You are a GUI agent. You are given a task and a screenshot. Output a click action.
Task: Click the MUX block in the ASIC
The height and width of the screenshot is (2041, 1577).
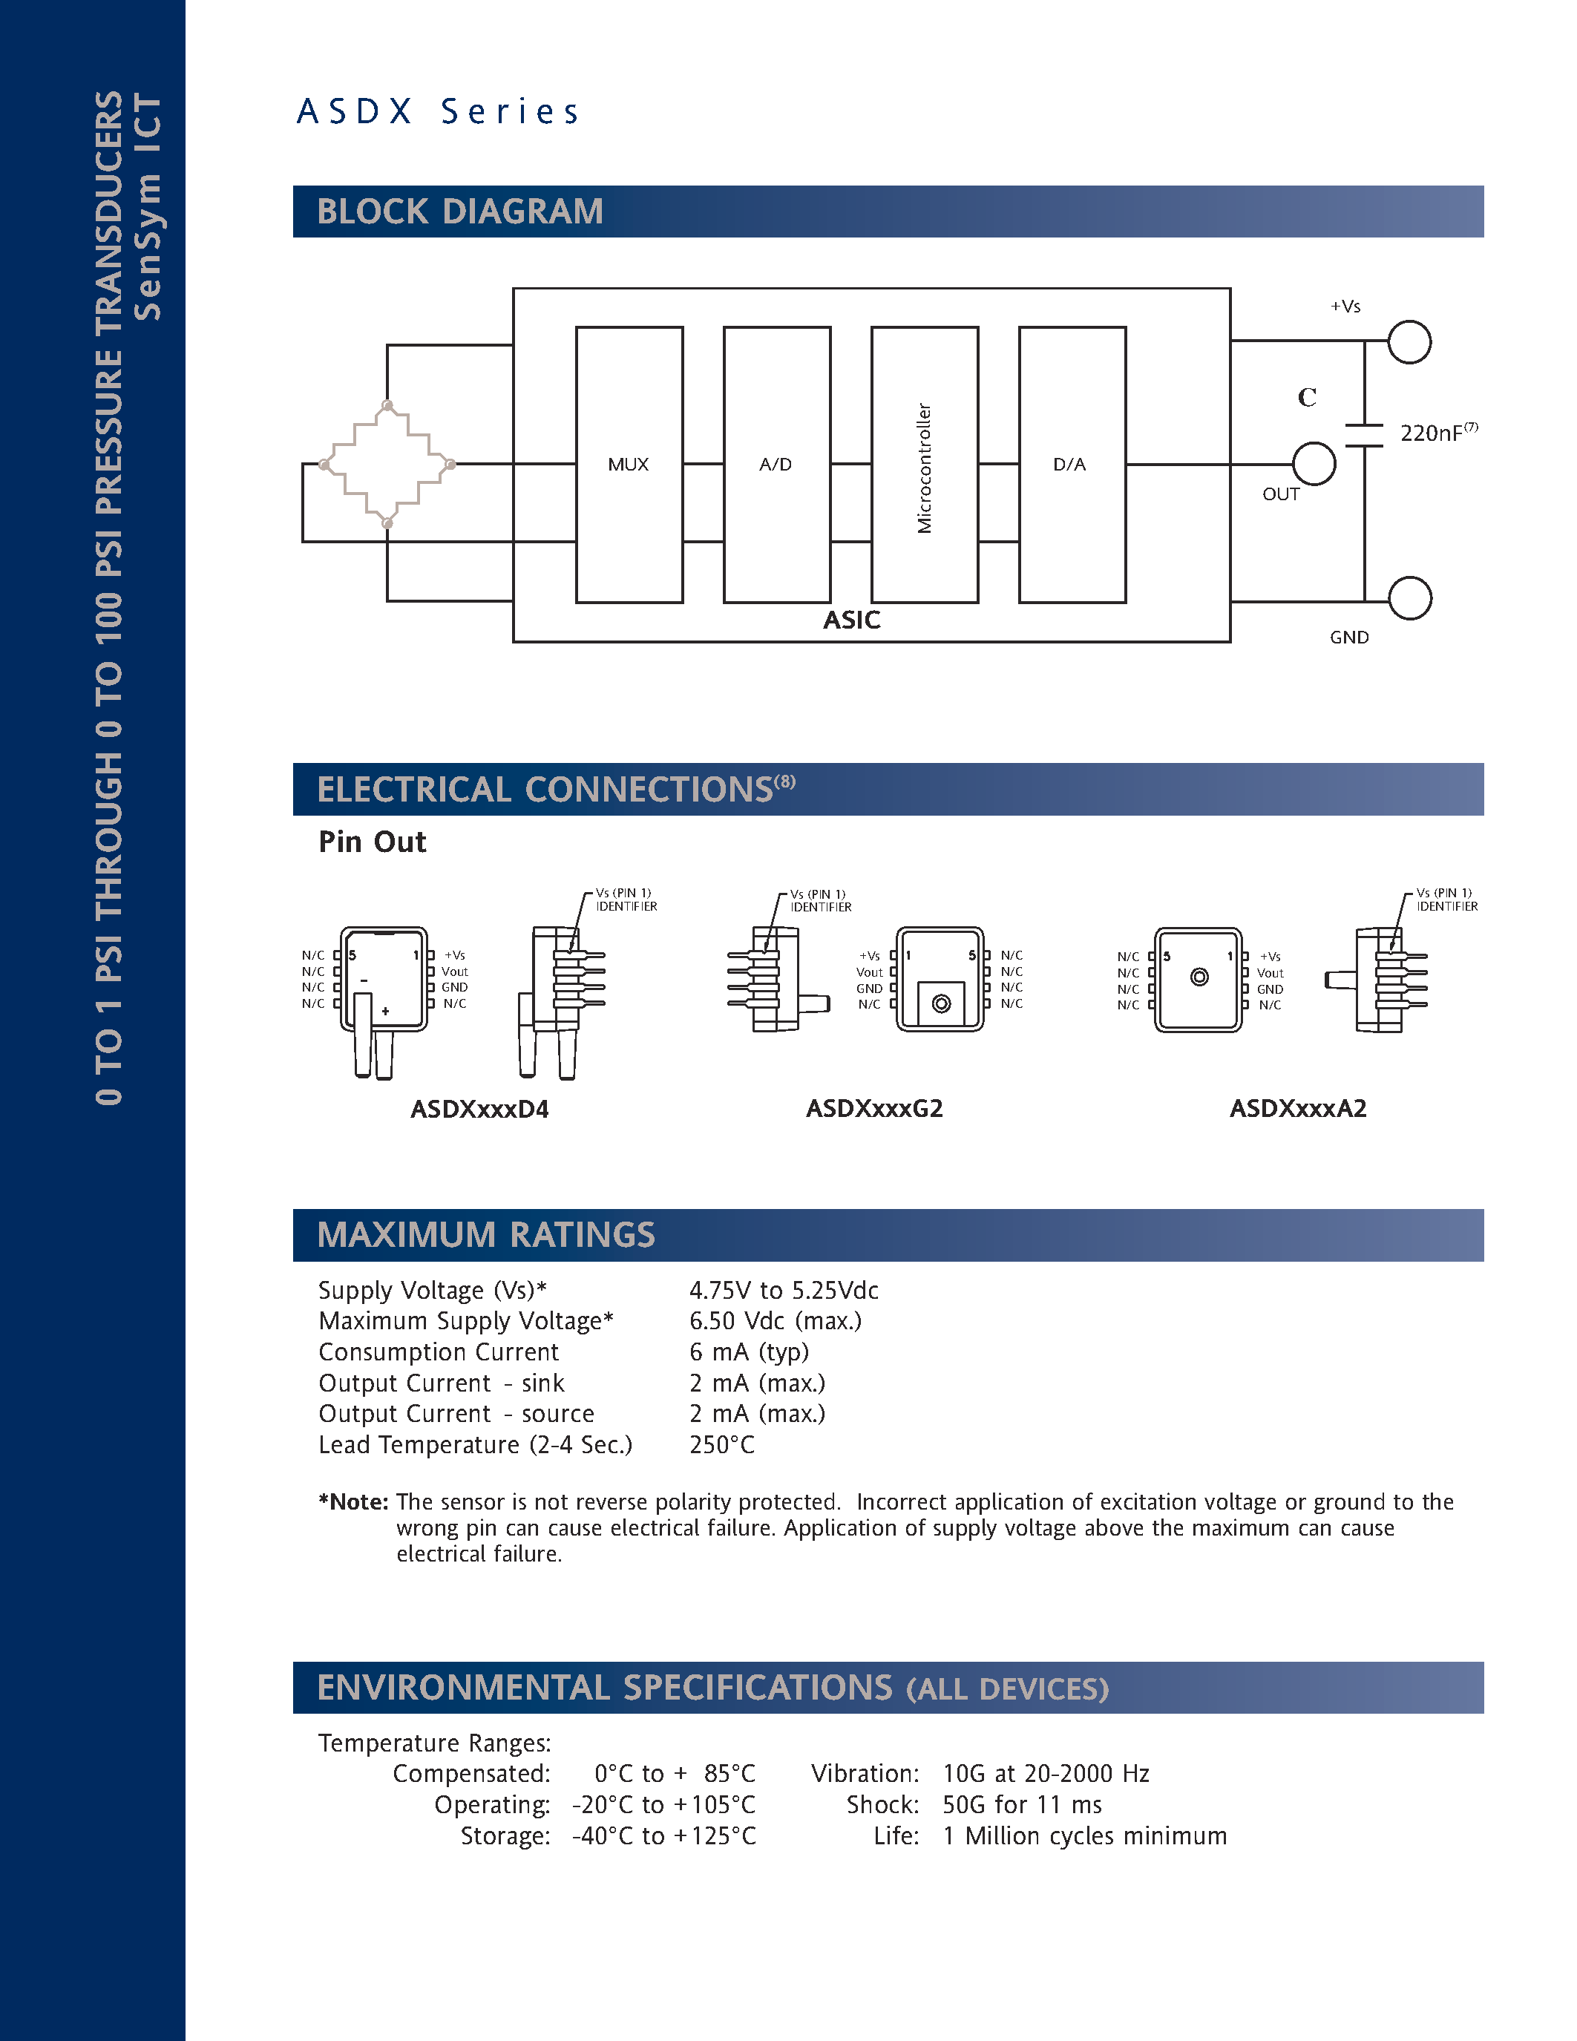(x=629, y=465)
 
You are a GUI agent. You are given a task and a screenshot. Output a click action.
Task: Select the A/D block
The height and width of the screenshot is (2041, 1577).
(x=776, y=465)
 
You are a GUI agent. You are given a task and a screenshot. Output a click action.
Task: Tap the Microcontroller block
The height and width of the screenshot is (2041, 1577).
(x=924, y=465)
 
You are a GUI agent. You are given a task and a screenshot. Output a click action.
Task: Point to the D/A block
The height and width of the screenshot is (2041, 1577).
(x=1072, y=465)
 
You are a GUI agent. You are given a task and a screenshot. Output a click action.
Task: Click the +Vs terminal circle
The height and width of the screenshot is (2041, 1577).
(x=1409, y=342)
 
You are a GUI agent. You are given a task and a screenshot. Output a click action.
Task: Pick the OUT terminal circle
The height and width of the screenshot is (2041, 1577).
(x=1314, y=464)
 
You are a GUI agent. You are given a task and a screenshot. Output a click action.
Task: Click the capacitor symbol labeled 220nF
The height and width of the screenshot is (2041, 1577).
(x=1364, y=436)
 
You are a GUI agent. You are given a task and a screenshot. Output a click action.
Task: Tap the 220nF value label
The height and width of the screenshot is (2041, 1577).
(x=1436, y=433)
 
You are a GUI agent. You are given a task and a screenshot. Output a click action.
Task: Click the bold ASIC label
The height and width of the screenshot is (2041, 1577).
(x=851, y=620)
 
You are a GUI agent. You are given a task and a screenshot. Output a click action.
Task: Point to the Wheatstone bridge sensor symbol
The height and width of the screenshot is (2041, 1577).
(x=387, y=465)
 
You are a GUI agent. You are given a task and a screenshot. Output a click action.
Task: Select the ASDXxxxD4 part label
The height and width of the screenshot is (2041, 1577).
(x=479, y=1110)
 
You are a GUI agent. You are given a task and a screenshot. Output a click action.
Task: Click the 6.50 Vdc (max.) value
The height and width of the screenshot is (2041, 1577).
(x=776, y=1320)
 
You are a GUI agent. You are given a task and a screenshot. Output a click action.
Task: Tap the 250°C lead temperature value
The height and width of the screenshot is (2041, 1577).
(x=722, y=1445)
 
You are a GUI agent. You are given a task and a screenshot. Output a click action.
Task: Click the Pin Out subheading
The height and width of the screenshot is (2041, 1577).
(x=372, y=842)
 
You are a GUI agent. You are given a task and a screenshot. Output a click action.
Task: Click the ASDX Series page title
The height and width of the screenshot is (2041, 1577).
(x=438, y=111)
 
